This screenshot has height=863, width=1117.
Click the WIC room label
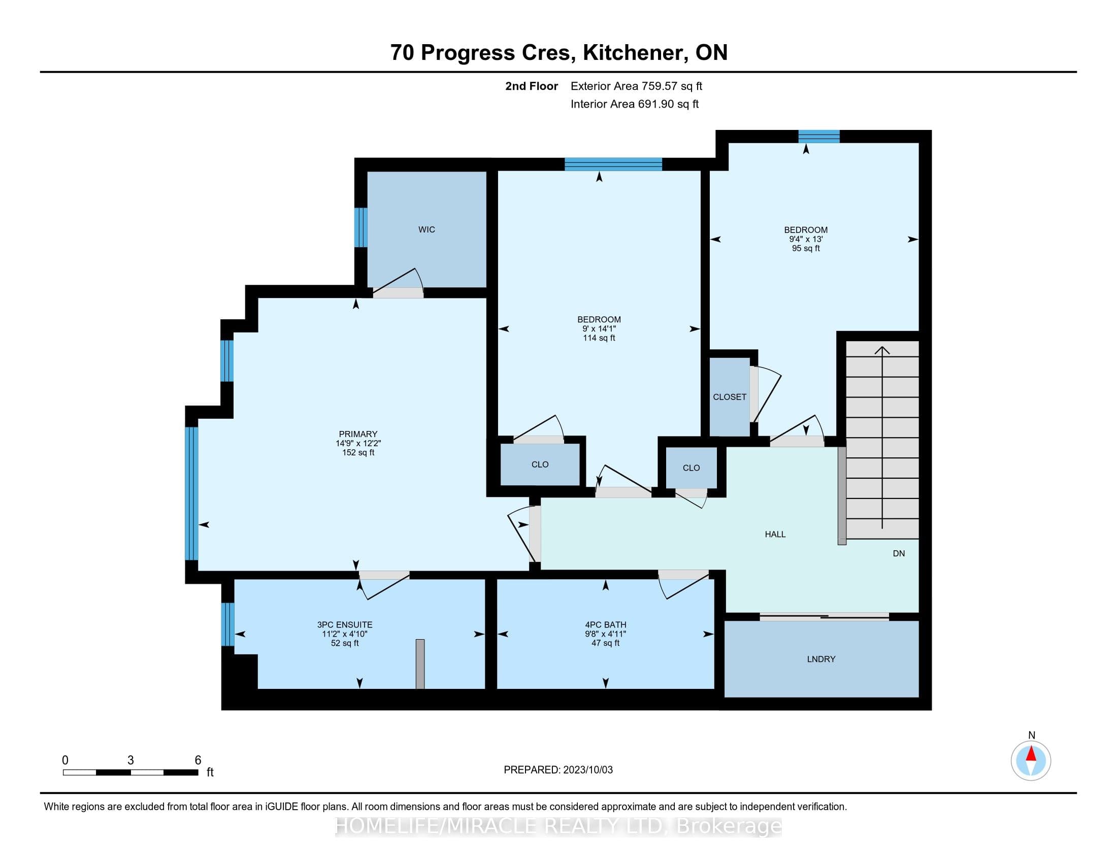coord(426,229)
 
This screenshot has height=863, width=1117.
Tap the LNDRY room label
coord(821,659)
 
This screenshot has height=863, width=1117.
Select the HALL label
coord(775,534)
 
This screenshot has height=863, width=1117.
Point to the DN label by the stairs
coord(899,553)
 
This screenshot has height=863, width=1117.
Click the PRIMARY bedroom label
coord(358,434)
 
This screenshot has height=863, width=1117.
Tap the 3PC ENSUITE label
coord(345,625)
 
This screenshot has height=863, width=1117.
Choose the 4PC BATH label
coord(606,625)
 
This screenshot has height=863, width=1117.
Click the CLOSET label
coord(730,397)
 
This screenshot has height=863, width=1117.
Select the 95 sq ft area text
coord(806,248)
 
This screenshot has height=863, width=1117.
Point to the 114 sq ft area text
coord(599,338)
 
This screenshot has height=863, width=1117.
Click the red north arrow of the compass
coord(1031,753)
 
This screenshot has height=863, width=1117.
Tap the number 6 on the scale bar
coord(198,760)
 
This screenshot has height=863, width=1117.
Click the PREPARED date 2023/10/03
coord(587,770)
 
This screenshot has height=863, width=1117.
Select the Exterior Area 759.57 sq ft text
coord(636,86)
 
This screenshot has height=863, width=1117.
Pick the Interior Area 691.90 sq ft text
coord(634,104)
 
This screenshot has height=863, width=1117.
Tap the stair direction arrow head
coord(882,350)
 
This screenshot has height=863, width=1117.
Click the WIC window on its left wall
coord(360,227)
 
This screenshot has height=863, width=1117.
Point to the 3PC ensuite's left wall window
coord(227,624)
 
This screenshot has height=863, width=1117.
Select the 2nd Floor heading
coord(532,86)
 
